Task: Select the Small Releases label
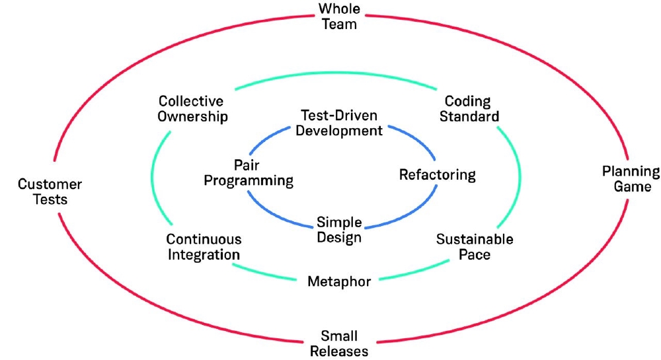pos(339,344)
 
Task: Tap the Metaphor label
pos(339,282)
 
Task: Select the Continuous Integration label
pos(204,246)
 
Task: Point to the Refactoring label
pos(438,175)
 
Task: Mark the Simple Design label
pos(339,230)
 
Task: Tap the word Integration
pos(204,254)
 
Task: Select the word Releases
pos(339,351)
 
